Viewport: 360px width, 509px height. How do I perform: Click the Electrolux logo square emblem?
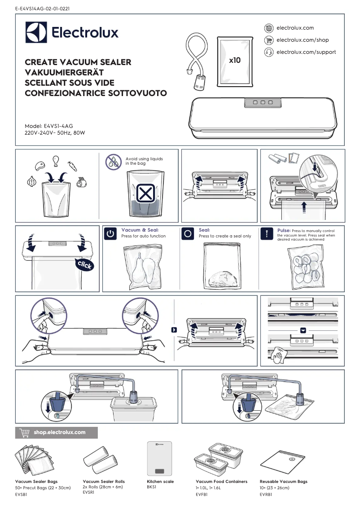pyautogui.click(x=36, y=32)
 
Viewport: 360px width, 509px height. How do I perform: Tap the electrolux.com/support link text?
pyautogui.click(x=306, y=52)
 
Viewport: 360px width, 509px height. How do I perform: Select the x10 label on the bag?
pyautogui.click(x=235, y=60)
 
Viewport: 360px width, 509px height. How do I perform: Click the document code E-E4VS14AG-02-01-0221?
pyautogui.click(x=42, y=9)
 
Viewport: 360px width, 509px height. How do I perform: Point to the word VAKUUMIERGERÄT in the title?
pyautogui.click(x=64, y=72)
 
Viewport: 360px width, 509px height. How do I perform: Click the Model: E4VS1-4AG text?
pyautogui.click(x=48, y=126)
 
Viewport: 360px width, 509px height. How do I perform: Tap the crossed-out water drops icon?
pyautogui.click(x=113, y=161)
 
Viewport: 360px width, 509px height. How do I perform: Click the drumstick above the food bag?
pyautogui.click(x=56, y=161)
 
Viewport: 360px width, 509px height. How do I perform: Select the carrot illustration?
pyautogui.click(x=72, y=166)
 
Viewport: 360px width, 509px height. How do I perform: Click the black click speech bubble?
pyautogui.click(x=85, y=264)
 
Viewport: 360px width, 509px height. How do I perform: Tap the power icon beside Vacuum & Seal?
pyautogui.click(x=110, y=234)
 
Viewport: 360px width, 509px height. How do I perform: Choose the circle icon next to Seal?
pyautogui.click(x=188, y=234)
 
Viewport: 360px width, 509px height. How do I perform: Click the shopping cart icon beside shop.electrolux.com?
pyautogui.click(x=24, y=433)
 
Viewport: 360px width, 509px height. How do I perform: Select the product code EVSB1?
pyautogui.click(x=21, y=494)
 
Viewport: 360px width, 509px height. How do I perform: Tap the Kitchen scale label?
pyautogui.click(x=160, y=482)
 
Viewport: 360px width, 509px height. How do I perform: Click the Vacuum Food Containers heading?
pyautogui.click(x=221, y=482)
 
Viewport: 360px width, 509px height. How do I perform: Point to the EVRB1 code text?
pyautogui.click(x=266, y=494)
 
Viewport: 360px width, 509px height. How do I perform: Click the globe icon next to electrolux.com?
pyautogui.click(x=269, y=28)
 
